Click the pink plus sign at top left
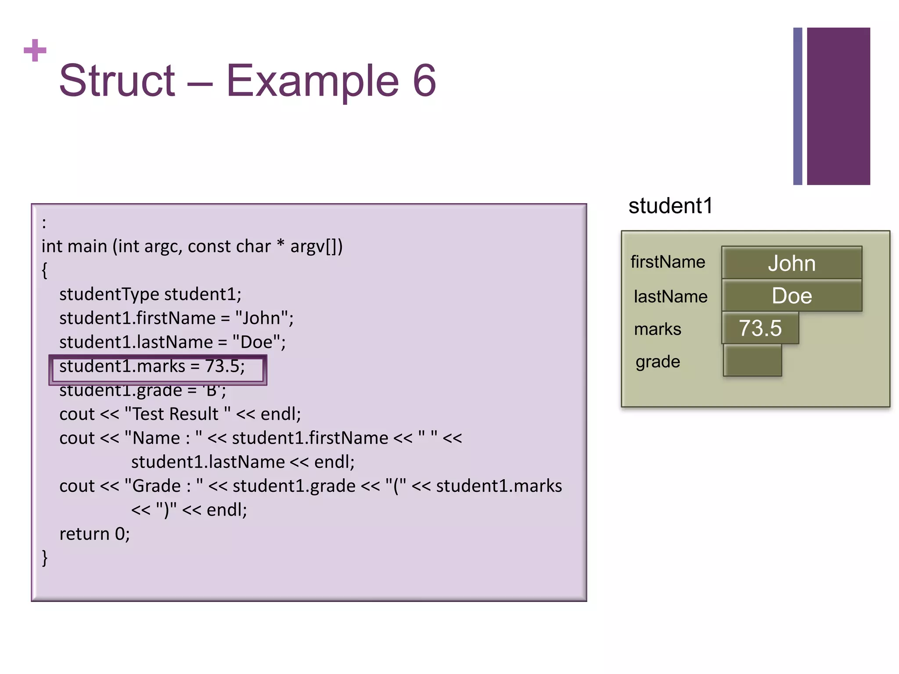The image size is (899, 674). [x=35, y=50]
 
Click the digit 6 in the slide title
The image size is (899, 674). [x=424, y=81]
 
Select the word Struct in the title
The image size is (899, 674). [x=117, y=81]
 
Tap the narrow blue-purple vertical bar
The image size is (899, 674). [x=797, y=106]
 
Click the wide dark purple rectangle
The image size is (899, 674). [x=838, y=106]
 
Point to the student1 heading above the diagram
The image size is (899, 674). [x=670, y=206]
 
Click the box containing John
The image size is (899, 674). [x=791, y=263]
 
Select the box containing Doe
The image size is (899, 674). [x=791, y=296]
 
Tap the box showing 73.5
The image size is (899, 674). [x=760, y=328]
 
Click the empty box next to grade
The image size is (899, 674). [x=752, y=361]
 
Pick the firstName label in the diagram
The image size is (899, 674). [x=668, y=262]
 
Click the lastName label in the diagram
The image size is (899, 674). [x=670, y=297]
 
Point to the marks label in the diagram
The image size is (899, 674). [x=658, y=329]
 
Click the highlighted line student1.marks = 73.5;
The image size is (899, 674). [x=152, y=366]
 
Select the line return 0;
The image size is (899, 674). [x=95, y=534]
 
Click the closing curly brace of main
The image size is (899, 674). [x=44, y=558]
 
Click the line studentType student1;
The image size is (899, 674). [x=150, y=294]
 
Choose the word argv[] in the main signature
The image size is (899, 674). [x=313, y=247]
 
